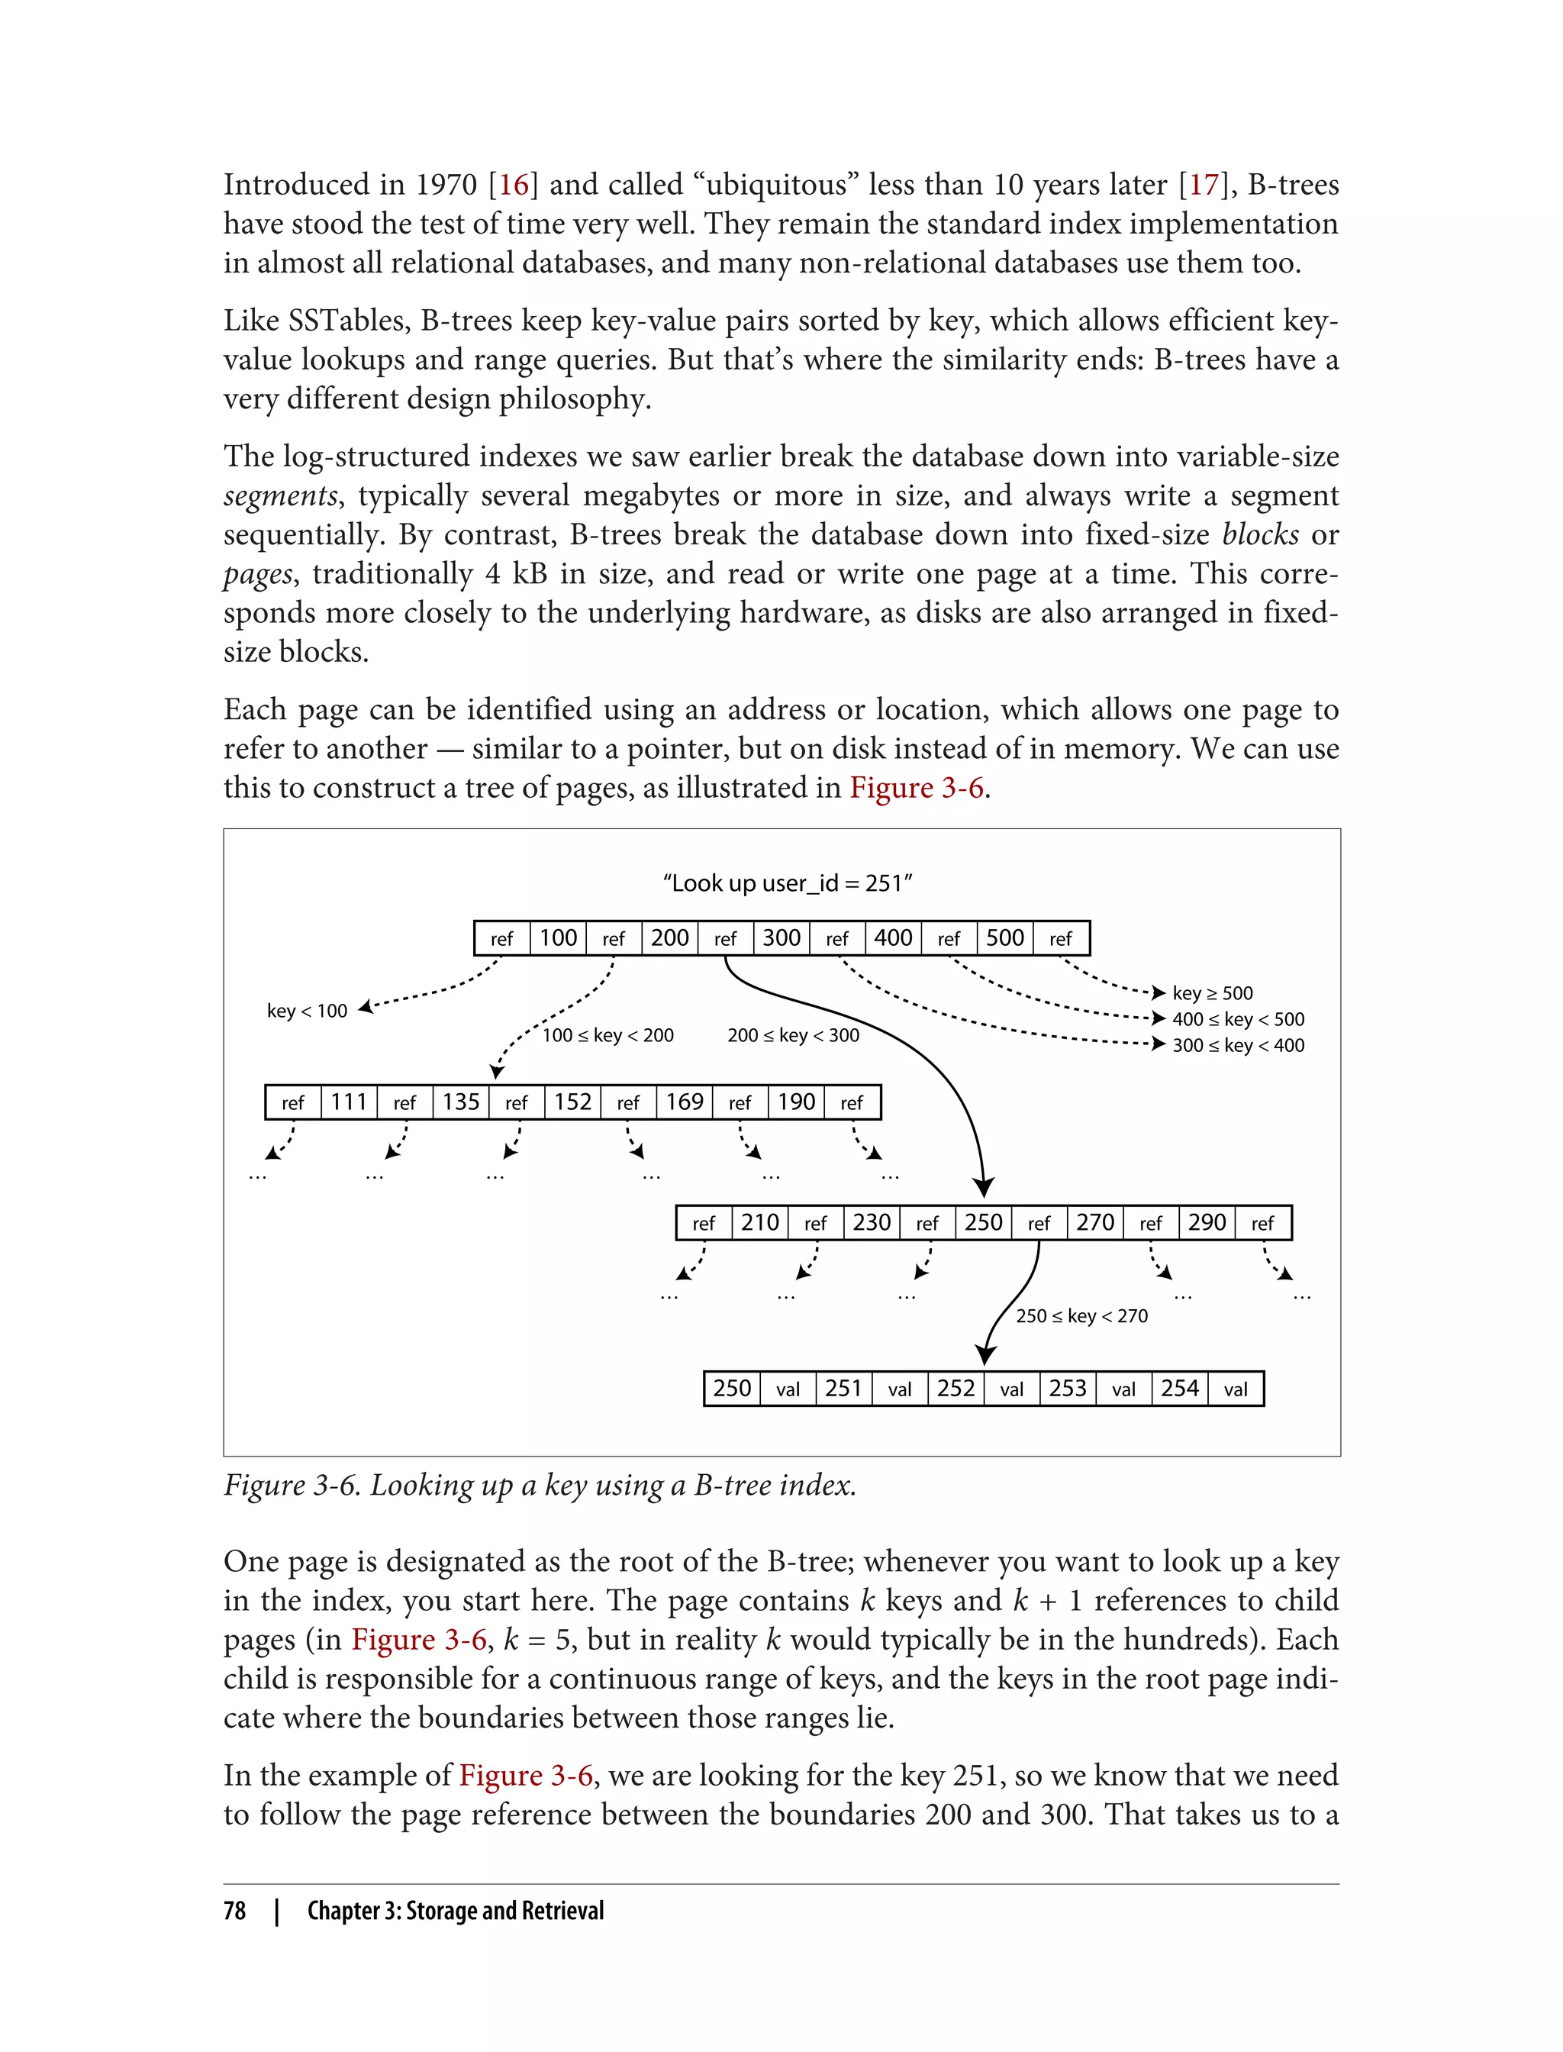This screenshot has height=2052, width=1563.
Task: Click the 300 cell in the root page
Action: point(781,938)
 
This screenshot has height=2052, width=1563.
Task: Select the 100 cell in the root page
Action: point(558,938)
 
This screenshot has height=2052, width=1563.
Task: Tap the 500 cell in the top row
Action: point(1005,938)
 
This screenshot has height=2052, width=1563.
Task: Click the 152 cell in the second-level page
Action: point(572,1103)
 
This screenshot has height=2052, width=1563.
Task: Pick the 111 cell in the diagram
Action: point(349,1103)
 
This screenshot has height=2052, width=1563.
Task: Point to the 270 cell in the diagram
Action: point(1095,1223)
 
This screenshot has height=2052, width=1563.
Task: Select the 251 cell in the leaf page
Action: point(844,1389)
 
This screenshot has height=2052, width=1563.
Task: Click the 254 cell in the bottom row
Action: point(1180,1389)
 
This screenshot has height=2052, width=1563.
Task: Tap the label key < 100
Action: point(307,1011)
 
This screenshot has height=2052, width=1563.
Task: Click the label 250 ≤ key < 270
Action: point(1081,1316)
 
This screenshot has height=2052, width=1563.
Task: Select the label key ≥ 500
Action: point(1212,993)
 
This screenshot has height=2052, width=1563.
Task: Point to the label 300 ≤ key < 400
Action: point(1237,1045)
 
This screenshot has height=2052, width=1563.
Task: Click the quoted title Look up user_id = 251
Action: point(787,883)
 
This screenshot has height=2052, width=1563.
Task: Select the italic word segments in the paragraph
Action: point(281,496)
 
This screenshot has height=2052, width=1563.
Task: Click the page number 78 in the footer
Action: point(234,1911)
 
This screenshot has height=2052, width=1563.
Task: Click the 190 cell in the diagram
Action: point(797,1103)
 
